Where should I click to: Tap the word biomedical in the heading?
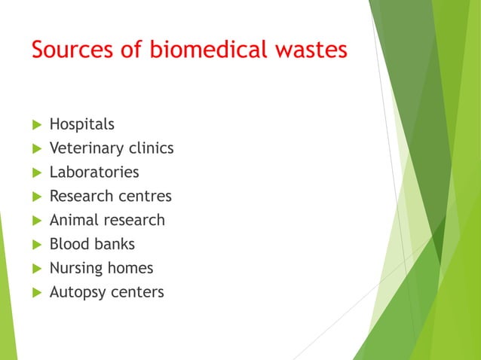tap(196, 50)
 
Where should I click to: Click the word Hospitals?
tap(82, 124)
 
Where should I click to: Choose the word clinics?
tap(149, 148)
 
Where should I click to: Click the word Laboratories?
tap(94, 172)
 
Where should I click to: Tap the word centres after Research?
tap(145, 197)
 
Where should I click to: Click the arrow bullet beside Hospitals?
tap(35, 124)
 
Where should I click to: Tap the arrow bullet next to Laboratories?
tap(35, 172)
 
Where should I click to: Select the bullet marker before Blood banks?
tap(35, 244)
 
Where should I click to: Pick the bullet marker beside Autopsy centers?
tap(35, 292)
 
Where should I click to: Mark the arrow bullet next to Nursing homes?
tap(35, 268)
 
